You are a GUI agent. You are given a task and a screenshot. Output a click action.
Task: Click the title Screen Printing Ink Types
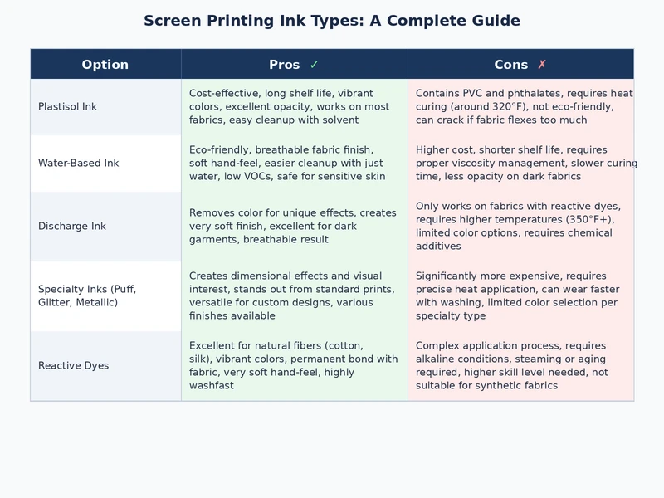pos(332,21)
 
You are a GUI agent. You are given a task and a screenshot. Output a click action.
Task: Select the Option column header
pos(105,65)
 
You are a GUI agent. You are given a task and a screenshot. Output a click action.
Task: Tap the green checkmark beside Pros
pos(314,65)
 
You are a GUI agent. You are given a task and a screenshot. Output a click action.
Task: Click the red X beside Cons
pos(542,65)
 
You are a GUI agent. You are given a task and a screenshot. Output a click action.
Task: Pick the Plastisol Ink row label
pos(67,107)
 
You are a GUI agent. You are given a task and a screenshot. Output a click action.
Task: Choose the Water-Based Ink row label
pos(79,164)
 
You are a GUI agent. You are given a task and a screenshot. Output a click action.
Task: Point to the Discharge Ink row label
pos(72,227)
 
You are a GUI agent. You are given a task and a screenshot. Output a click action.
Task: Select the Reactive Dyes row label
pos(73,366)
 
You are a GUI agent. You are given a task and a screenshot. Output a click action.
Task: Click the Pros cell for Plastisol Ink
pos(294,107)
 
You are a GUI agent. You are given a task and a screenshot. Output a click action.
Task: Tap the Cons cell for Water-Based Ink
pos(520,164)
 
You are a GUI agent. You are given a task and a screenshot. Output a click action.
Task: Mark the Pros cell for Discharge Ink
pos(294,227)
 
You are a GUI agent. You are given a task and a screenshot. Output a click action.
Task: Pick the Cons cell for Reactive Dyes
pos(520,366)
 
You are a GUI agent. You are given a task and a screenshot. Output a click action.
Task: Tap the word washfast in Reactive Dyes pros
pos(212,386)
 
